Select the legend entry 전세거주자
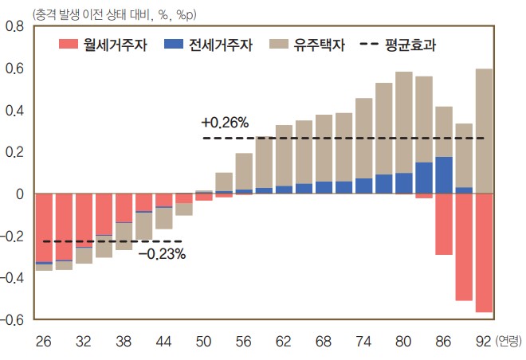point(209,45)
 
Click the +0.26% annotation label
point(225,123)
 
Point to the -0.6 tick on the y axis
point(13,319)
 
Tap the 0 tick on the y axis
point(20,194)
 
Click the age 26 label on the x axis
point(44,341)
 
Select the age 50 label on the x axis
point(203,341)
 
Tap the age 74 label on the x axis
point(363,341)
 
